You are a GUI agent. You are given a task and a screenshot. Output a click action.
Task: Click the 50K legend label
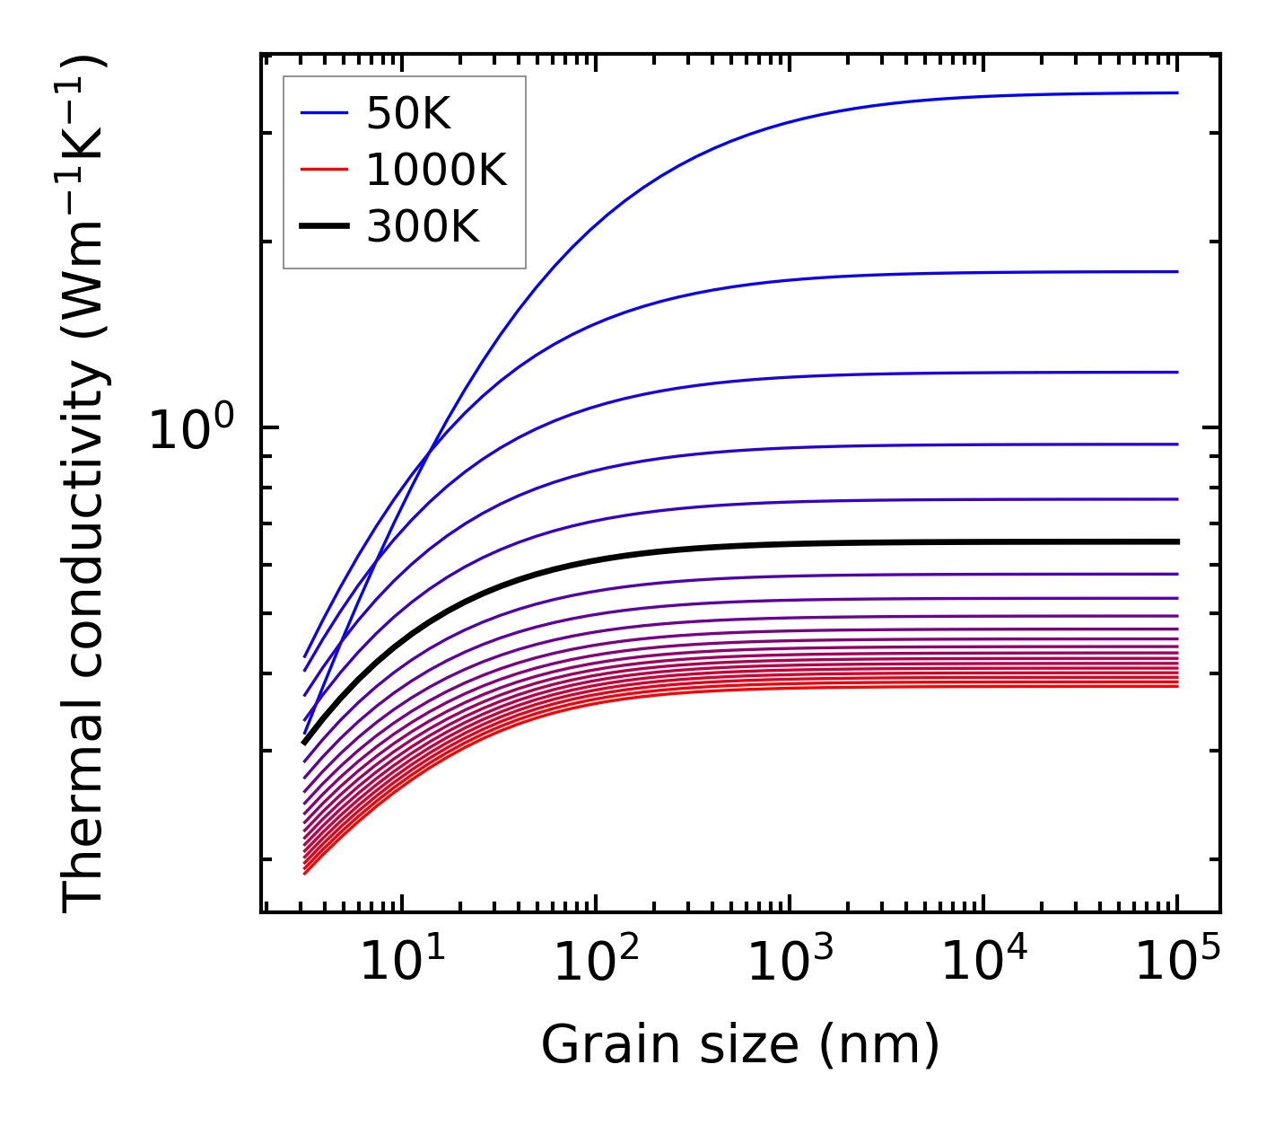[408, 113]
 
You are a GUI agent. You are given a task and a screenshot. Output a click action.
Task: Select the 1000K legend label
[436, 170]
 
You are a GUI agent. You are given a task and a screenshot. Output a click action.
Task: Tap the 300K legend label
[423, 227]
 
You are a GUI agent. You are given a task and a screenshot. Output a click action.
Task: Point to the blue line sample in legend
[324, 113]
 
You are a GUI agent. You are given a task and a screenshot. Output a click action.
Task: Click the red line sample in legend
[324, 170]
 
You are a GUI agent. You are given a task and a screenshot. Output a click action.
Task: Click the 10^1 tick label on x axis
[402, 961]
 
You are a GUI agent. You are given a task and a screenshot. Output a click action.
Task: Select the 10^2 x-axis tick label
[596, 961]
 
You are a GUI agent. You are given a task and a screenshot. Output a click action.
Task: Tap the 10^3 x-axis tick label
[790, 961]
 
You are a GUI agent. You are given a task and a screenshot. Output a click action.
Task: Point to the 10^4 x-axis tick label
[983, 961]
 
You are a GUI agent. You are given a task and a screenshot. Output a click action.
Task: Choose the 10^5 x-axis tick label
[1177, 961]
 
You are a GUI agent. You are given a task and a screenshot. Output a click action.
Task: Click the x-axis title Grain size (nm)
[740, 1044]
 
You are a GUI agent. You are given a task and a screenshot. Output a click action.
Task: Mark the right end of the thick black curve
[1176, 541]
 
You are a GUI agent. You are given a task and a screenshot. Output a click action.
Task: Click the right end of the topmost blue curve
[1176, 92]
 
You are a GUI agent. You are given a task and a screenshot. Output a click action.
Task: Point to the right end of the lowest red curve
[1176, 686]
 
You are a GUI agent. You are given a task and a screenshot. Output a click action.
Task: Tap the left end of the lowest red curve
[305, 873]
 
